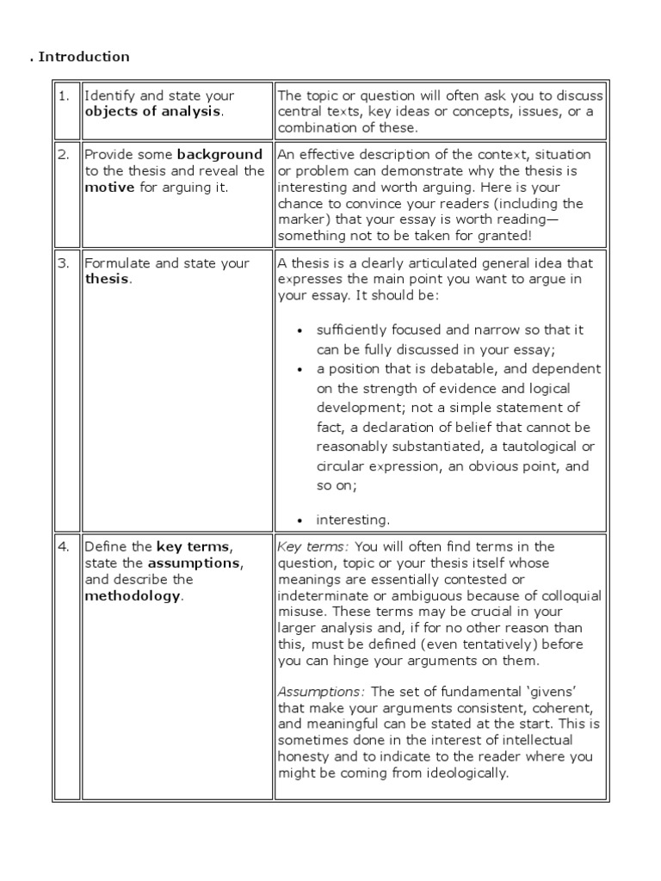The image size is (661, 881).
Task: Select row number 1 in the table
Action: coord(64,95)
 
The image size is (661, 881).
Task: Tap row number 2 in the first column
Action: coord(64,155)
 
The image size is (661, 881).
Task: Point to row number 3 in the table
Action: coord(64,263)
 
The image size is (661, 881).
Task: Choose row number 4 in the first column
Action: coord(64,547)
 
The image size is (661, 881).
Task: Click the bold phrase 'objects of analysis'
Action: coord(152,112)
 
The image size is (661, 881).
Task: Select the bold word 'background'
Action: coord(219,155)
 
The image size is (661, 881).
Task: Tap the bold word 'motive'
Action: coord(109,188)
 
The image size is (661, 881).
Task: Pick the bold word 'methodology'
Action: coord(133,596)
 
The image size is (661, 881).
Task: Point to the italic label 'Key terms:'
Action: coord(313,547)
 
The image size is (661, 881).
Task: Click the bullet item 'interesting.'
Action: coord(353,519)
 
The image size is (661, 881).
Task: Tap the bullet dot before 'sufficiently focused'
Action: coord(300,330)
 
